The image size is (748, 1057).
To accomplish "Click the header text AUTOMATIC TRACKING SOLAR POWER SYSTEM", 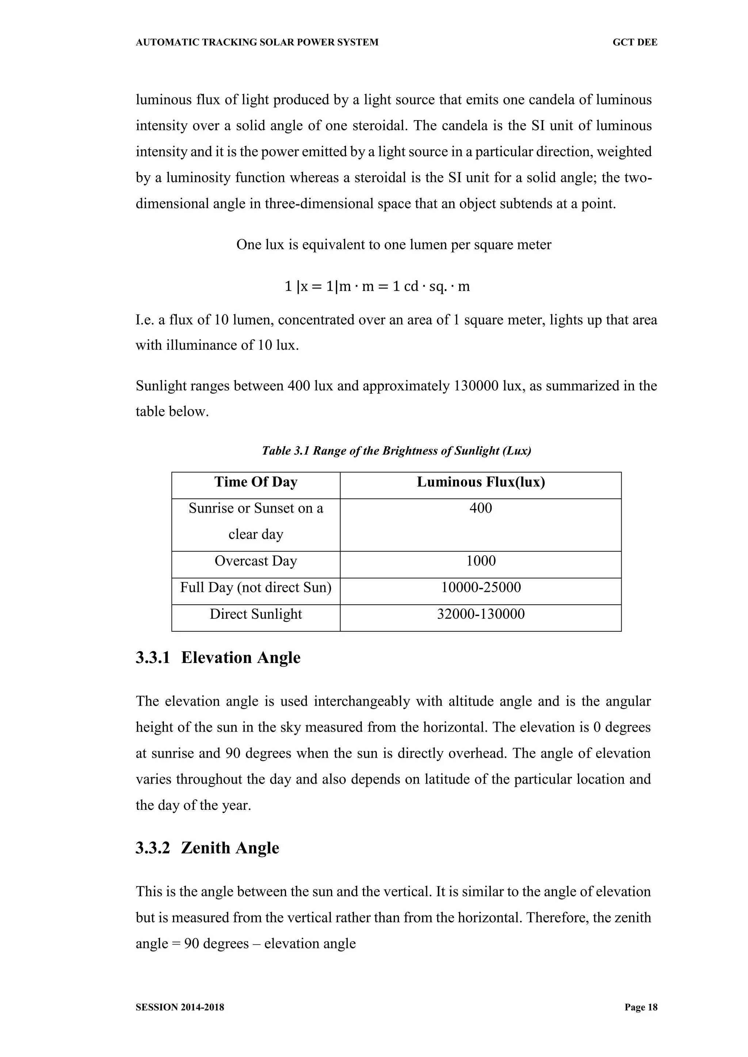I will coord(257,42).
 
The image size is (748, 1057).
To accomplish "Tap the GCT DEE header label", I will coord(635,42).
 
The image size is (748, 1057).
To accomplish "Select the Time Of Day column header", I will coord(256,482).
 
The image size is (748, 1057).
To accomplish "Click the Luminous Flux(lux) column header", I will coord(481,482).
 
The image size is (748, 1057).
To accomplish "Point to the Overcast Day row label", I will coord(256,561).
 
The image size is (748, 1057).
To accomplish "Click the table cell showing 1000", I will coord(481,561).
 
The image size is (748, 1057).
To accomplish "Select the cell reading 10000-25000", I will coord(481,588).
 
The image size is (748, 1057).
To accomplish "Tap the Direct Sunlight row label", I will coord(256,614).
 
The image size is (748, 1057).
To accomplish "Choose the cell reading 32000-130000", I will coord(481,614).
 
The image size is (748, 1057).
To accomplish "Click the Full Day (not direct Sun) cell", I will coord(256,588).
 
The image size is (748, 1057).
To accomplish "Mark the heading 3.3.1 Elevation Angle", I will coord(218,658).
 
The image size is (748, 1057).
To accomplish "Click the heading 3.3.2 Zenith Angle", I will coord(207,848).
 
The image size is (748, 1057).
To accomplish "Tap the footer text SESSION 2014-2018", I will coord(180,1007).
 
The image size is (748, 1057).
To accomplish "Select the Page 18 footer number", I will coord(641,1007).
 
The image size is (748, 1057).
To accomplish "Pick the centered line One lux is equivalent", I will coord(394,245).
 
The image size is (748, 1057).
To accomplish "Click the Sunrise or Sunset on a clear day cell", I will coord(256,521).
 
